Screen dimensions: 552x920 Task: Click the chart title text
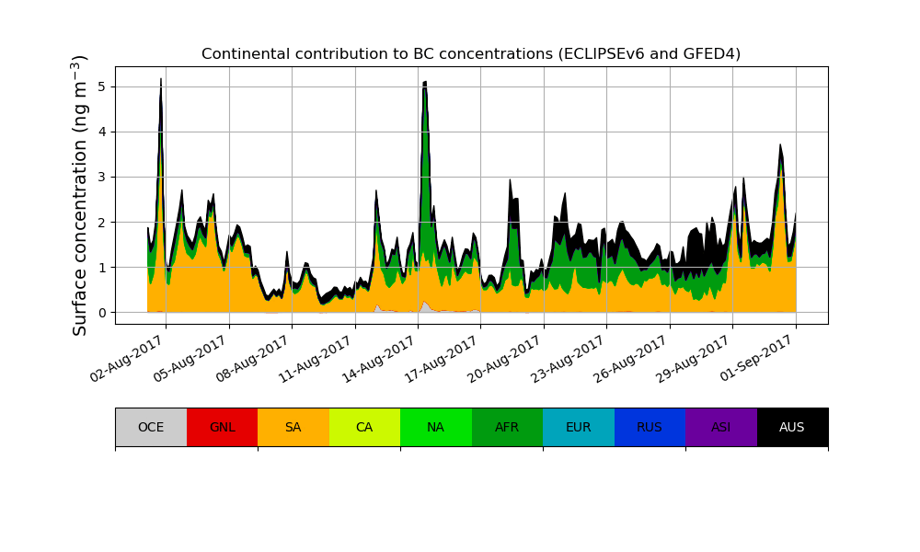click(x=471, y=53)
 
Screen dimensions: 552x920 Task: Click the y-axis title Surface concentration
click(x=80, y=195)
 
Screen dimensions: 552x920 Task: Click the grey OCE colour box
click(x=151, y=427)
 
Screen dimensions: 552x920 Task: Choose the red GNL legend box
click(x=222, y=427)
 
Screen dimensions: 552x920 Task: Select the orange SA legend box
click(x=293, y=427)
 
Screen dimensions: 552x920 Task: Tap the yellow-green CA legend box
click(x=364, y=427)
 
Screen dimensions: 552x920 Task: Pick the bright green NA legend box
click(x=436, y=427)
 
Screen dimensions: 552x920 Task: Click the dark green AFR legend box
click(x=507, y=427)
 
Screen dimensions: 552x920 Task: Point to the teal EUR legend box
click(x=579, y=427)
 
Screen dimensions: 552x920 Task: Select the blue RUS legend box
click(x=650, y=427)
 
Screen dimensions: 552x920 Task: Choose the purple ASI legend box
click(x=721, y=427)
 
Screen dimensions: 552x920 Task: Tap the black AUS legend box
click(x=792, y=427)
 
